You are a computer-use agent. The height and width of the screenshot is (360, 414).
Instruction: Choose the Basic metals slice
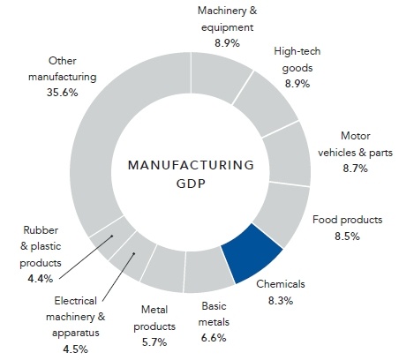pos(209,277)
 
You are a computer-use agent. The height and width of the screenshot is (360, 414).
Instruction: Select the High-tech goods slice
pos(269,108)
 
